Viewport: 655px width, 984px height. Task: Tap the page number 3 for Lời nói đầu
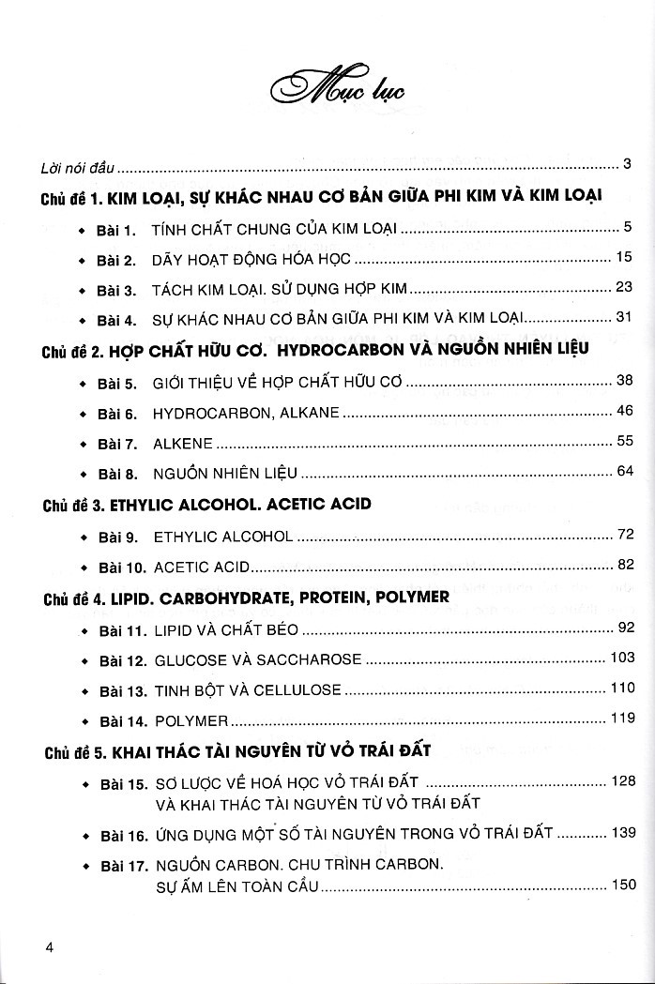tap(626, 164)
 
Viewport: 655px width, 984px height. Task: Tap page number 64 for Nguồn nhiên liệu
tap(626, 471)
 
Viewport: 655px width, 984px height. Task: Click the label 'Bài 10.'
tap(121, 567)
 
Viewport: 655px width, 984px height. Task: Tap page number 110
tap(622, 688)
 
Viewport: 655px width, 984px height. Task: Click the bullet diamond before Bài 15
tap(83, 782)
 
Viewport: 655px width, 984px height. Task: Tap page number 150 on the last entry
tap(622, 885)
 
